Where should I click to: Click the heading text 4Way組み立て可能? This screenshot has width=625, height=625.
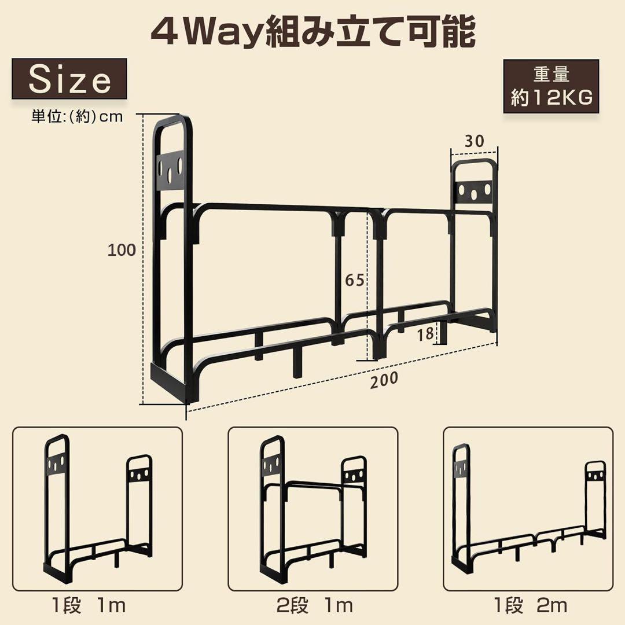click(312, 33)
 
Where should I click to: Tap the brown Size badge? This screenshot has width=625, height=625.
click(69, 79)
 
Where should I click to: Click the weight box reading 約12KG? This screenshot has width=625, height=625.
click(551, 87)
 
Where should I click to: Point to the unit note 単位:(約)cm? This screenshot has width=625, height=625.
click(77, 116)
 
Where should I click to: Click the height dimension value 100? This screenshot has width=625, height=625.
click(122, 250)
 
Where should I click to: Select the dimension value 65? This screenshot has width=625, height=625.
click(355, 280)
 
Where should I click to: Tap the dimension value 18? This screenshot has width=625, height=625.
click(426, 333)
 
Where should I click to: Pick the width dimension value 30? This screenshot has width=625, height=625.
click(473, 141)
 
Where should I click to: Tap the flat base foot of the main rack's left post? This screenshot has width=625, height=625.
click(174, 383)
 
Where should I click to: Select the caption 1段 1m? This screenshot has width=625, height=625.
click(87, 605)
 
